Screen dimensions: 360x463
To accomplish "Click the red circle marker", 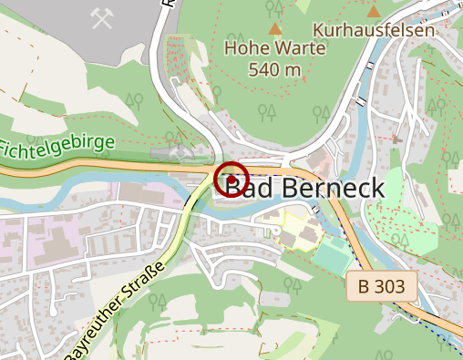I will click(231, 179).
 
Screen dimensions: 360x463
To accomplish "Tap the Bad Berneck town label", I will click(304, 186).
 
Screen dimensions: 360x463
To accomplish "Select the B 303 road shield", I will click(382, 287).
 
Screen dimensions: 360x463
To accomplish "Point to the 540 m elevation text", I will click(274, 69).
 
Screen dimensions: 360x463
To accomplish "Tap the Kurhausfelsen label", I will click(374, 29).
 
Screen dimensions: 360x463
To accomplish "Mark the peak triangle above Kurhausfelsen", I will click(374, 11).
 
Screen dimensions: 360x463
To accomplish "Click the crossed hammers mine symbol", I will click(101, 17).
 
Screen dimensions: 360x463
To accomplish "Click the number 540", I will click(263, 69).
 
